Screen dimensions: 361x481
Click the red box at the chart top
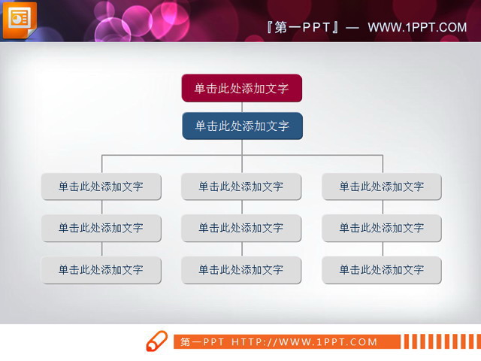point(241,88)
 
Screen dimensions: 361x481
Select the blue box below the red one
point(242,126)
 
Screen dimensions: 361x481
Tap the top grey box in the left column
point(101,187)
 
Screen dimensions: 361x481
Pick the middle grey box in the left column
point(101,228)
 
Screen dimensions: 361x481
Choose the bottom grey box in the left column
point(101,269)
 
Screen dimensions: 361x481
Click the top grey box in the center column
point(241,187)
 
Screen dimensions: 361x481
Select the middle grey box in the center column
point(241,228)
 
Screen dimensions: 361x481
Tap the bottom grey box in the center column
point(241,269)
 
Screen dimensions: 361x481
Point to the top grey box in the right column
point(382,187)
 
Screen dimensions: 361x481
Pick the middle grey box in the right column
point(382,228)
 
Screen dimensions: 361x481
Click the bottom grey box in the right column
point(382,269)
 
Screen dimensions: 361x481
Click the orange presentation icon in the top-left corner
point(19,20)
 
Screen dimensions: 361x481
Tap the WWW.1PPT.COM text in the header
point(417,28)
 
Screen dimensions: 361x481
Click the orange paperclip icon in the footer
point(156,341)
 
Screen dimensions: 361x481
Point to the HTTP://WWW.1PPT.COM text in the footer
point(304,342)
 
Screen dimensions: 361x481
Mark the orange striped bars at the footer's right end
point(439,342)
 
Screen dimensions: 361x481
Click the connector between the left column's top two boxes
point(101,208)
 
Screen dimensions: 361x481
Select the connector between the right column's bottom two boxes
point(383,249)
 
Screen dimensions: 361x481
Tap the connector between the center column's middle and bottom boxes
point(242,249)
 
